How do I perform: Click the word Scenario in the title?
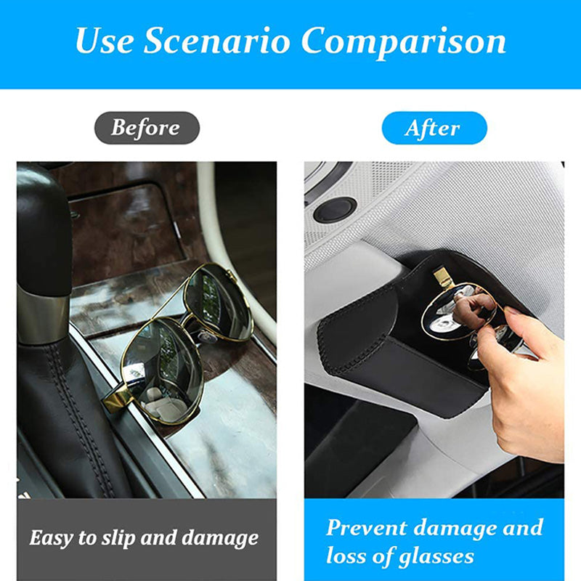(216, 41)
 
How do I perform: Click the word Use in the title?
(104, 41)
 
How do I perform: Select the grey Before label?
(147, 128)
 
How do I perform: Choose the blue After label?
(434, 128)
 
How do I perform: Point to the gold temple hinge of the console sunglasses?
(118, 398)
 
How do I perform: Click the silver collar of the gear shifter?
(44, 315)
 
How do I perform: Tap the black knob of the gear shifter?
(44, 229)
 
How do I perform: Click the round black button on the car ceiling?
(335, 210)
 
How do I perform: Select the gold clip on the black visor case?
(443, 277)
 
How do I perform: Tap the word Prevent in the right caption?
(367, 528)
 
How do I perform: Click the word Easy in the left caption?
(51, 538)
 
